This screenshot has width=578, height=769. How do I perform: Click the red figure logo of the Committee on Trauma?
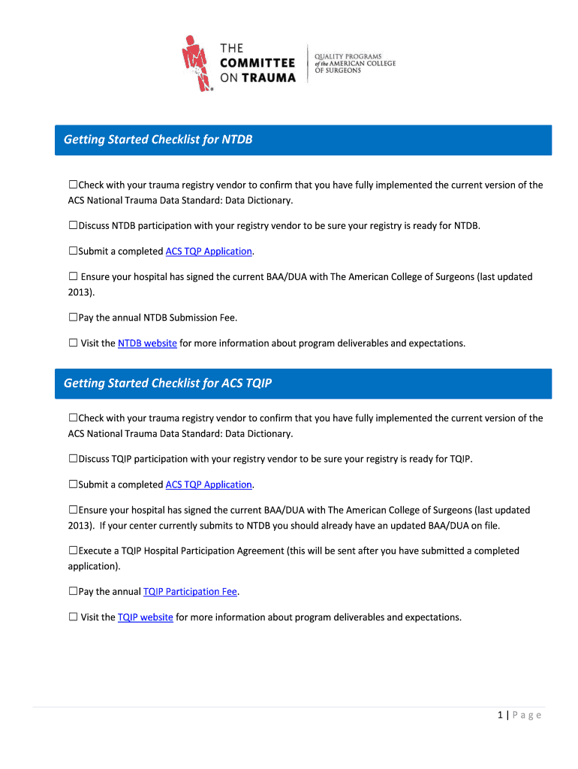[196, 63]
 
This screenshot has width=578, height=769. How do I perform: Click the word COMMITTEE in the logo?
[257, 63]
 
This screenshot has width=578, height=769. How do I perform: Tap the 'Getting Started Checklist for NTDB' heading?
[158, 140]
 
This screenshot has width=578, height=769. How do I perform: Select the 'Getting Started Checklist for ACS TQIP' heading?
[167, 383]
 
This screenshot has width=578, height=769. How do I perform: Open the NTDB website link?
[147, 343]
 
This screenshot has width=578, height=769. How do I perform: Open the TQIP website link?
[146, 617]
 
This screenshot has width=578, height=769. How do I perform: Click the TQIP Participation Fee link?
[190, 592]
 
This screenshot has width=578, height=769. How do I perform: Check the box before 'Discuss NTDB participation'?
[73, 225]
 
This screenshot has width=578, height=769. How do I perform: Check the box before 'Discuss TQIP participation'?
[73, 459]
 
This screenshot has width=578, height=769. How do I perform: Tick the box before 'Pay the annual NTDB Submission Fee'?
[73, 318]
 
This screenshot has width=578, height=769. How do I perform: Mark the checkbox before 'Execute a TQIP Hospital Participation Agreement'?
[73, 550]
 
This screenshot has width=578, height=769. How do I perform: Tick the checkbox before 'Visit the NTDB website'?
[73, 343]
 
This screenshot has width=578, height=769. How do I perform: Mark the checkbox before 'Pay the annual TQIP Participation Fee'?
[73, 592]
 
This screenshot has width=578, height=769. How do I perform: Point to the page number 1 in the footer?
[499, 715]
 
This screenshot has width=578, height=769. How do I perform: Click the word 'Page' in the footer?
[527, 715]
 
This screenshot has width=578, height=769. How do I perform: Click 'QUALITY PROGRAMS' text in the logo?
[348, 56]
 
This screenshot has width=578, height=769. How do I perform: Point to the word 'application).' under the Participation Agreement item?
[94, 566]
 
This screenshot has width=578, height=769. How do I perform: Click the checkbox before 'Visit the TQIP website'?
[73, 617]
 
